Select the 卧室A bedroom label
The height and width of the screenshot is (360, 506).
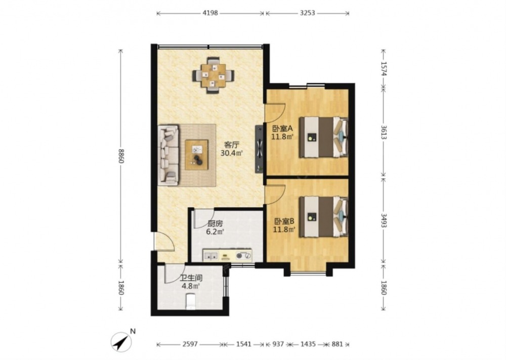click(x=282, y=129)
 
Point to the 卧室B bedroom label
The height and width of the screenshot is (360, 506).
click(x=284, y=221)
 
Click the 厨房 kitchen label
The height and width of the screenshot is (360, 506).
click(x=215, y=223)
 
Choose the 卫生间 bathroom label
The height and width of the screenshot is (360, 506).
click(x=191, y=278)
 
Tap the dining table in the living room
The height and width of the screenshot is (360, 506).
click(x=214, y=75)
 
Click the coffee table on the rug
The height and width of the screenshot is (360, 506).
click(x=196, y=154)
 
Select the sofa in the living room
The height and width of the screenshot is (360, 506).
click(x=168, y=155)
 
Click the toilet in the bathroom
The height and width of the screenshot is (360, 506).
click(x=191, y=301)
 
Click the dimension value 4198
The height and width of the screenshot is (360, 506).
click(x=210, y=13)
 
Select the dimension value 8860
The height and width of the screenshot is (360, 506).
click(x=121, y=155)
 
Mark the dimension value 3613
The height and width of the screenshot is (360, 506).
click(x=384, y=132)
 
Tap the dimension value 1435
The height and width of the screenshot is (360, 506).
click(x=308, y=344)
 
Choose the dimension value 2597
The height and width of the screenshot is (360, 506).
click(x=190, y=344)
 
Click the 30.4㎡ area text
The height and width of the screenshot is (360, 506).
click(x=231, y=153)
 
